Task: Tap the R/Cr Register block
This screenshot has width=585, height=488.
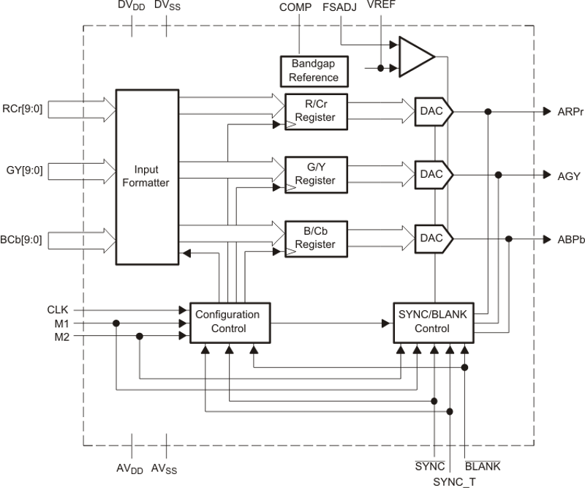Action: tap(314, 110)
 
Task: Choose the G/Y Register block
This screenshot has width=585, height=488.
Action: tap(314, 174)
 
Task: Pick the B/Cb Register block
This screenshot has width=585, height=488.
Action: tap(314, 238)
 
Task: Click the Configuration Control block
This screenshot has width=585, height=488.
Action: tap(227, 322)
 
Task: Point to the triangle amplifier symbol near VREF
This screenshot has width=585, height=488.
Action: tap(415, 57)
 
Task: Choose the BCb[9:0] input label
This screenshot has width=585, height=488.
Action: tap(23, 239)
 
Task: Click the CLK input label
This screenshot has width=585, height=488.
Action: tap(58, 310)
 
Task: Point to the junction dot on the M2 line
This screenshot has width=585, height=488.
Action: tap(140, 336)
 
